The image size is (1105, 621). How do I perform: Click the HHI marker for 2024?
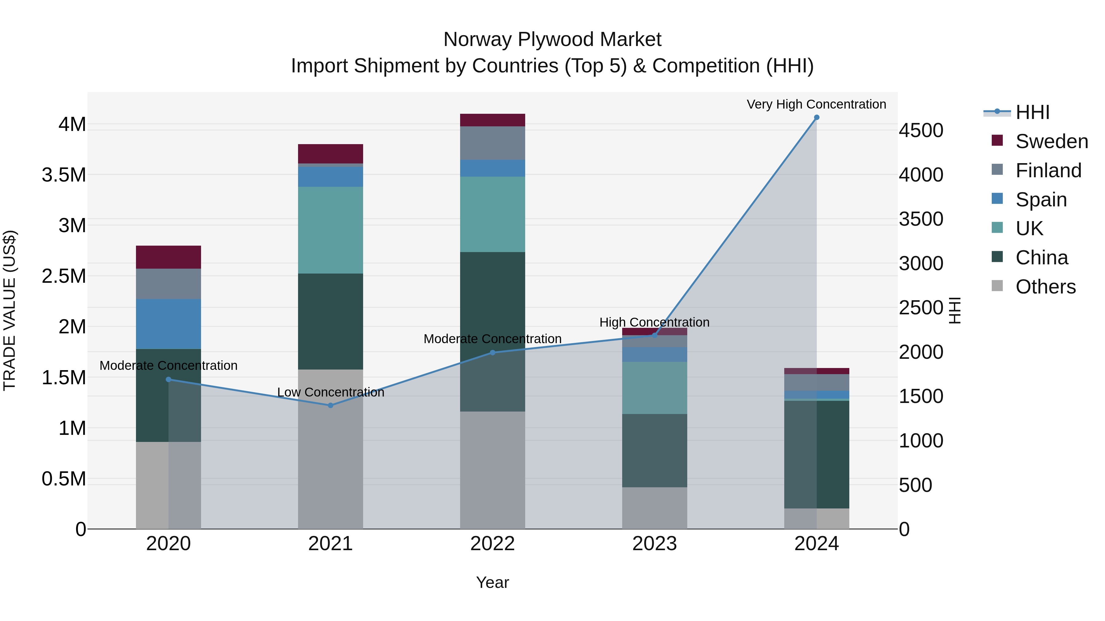[816, 117]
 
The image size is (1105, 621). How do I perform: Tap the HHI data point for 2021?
[330, 405]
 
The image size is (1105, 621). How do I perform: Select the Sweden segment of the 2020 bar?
[168, 257]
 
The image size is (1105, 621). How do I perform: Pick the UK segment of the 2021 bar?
[330, 230]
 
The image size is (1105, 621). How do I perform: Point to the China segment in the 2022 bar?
[492, 300]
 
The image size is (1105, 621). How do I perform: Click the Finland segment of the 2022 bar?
[492, 143]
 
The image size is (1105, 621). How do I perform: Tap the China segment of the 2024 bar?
[816, 454]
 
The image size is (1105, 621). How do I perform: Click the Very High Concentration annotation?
[816, 104]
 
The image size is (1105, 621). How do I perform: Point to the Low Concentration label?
[330, 392]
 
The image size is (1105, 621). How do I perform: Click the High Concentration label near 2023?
[654, 322]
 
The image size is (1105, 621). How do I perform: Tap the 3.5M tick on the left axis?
[64, 175]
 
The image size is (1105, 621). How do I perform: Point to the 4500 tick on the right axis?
[921, 130]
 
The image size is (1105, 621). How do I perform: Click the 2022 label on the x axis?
[492, 543]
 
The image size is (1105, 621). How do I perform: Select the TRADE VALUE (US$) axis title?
[10, 310]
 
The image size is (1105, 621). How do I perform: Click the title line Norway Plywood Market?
[552, 40]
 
